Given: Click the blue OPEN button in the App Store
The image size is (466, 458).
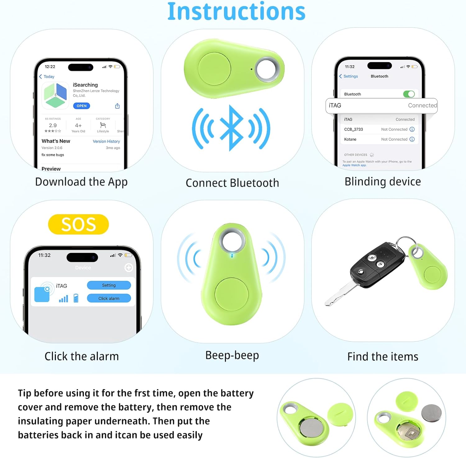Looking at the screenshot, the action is tap(81, 106).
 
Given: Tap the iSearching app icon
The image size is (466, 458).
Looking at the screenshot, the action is tap(55, 96).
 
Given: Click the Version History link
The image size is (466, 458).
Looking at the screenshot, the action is tap(106, 141).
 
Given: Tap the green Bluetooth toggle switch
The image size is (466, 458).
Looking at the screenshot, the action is tap(409, 94).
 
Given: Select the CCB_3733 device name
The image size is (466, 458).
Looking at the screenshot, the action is tap(354, 129).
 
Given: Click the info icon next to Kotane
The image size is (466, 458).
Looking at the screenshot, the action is tap(412, 139).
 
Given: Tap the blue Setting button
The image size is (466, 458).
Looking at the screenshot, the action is tap(109, 285).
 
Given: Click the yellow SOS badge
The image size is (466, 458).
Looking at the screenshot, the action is tap(78, 224).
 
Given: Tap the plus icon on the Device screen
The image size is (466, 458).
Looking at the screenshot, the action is tap(129, 267).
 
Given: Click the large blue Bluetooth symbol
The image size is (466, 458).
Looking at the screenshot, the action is tap(231, 128).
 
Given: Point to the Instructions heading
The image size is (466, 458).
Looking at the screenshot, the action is tap(236, 11).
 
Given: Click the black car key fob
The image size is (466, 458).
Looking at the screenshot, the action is tap(377, 264).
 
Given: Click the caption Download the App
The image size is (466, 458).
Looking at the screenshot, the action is tap(81, 182).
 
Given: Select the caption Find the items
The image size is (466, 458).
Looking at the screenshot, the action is tap(383, 357).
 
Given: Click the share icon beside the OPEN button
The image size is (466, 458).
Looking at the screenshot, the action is tap(117, 106).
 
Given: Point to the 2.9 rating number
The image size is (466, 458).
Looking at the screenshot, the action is tap(53, 125).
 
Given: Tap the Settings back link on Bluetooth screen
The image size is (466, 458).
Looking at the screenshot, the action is tap(349, 76).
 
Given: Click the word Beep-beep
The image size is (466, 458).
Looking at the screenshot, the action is tap(232, 355).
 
